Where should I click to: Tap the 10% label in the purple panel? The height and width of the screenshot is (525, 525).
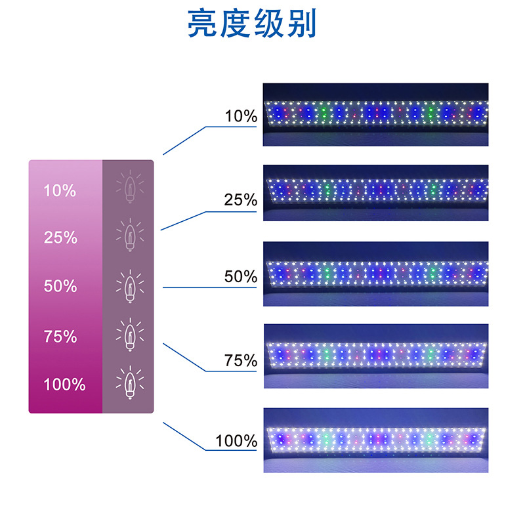tap(60, 191)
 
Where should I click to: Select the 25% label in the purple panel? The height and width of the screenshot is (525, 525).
tap(60, 238)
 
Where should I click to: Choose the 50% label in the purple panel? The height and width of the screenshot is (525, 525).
tap(60, 286)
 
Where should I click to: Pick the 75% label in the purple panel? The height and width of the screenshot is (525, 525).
tap(60, 337)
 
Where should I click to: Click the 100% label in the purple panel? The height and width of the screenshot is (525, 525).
tap(64, 385)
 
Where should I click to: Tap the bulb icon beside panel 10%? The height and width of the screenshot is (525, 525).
tap(129, 185)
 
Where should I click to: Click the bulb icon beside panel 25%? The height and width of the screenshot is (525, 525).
tap(129, 234)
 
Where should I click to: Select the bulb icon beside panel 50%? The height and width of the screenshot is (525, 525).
tap(129, 285)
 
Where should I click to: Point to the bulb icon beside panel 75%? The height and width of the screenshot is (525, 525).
tap(129, 334)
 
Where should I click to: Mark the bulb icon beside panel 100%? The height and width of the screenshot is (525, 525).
tap(129, 382)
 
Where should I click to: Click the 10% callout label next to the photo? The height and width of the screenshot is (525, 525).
tap(241, 117)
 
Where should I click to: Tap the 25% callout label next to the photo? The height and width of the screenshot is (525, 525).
tap(241, 200)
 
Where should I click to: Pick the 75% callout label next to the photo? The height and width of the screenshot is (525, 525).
tap(241, 360)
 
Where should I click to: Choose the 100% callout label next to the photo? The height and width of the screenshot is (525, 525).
tap(237, 441)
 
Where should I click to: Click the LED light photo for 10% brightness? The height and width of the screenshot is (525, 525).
tap(376, 114)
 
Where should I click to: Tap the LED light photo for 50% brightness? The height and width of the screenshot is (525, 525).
tap(376, 274)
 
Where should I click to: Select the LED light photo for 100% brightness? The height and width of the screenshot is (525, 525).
tap(376, 440)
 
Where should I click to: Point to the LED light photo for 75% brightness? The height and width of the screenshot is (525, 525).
tap(376, 356)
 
